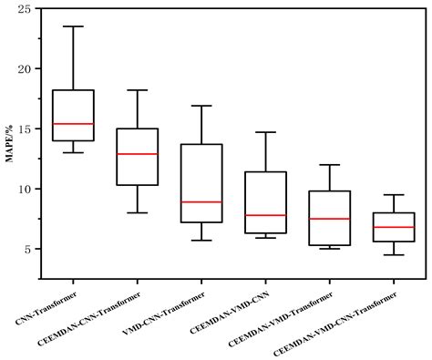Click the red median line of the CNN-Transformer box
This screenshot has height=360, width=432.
tap(72, 123)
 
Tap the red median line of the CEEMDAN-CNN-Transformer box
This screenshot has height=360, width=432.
tap(137, 154)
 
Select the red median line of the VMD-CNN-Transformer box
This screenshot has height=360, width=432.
tap(201, 201)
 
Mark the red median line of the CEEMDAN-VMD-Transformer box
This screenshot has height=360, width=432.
tap(329, 219)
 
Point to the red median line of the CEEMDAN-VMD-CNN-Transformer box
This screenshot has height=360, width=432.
tap(393, 227)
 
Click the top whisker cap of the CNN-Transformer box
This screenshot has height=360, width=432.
tap(72, 26)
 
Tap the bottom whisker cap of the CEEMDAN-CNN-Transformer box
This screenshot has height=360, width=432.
tap(137, 212)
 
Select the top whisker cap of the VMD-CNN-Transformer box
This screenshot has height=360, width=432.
tap(201, 106)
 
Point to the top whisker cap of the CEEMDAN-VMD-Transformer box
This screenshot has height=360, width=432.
tap(329, 165)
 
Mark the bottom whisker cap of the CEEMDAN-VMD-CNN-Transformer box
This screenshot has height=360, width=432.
tap(393, 254)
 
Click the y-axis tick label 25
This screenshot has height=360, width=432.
tap(26, 9)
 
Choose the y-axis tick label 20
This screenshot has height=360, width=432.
tap(26, 69)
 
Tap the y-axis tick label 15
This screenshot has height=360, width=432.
tap(26, 129)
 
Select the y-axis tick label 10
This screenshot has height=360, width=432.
tap(26, 189)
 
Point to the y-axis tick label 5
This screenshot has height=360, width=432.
tap(29, 249)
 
